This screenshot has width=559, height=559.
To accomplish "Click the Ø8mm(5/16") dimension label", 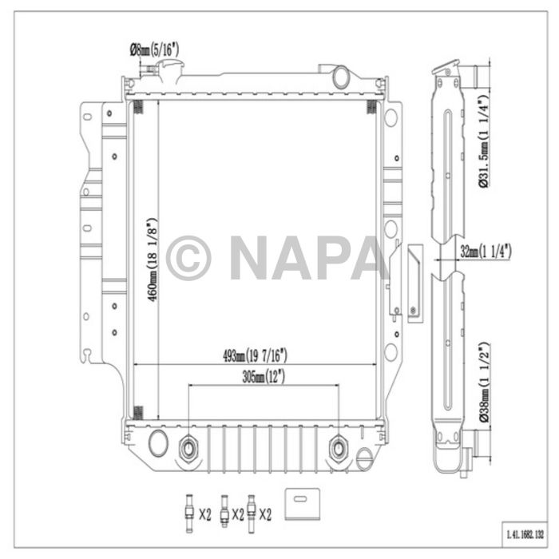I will tap(154, 50).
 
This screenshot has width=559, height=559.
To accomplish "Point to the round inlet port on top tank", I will tap(341, 77).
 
